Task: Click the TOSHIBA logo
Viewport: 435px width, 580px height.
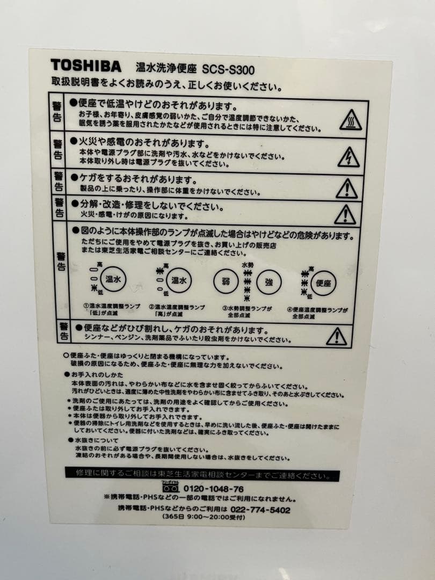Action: (x=86, y=66)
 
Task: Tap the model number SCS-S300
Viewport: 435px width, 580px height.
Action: (x=228, y=69)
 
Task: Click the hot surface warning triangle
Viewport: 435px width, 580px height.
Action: (x=350, y=120)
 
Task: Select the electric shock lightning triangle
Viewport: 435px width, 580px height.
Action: (x=349, y=157)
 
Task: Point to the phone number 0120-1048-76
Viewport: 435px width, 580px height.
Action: (x=214, y=489)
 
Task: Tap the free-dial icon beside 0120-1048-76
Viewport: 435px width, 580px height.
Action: (x=171, y=488)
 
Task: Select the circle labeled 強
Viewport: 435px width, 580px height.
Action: (x=269, y=281)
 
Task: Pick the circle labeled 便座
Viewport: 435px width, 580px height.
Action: (x=324, y=283)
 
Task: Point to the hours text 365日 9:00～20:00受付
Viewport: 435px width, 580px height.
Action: (x=204, y=517)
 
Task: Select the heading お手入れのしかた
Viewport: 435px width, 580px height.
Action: (x=96, y=374)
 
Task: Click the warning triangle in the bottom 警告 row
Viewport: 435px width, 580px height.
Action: (x=337, y=337)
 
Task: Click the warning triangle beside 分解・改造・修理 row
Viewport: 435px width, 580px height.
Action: (x=345, y=214)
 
